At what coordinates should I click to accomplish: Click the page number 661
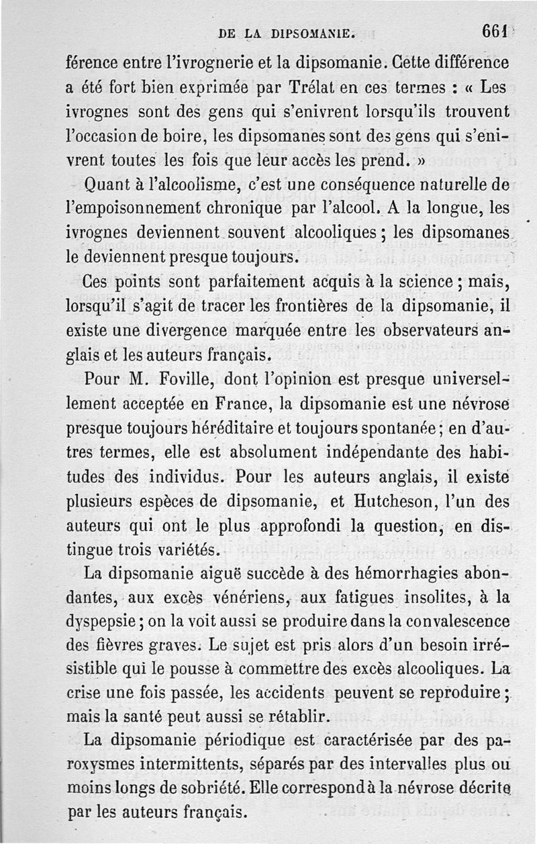point(495,32)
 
